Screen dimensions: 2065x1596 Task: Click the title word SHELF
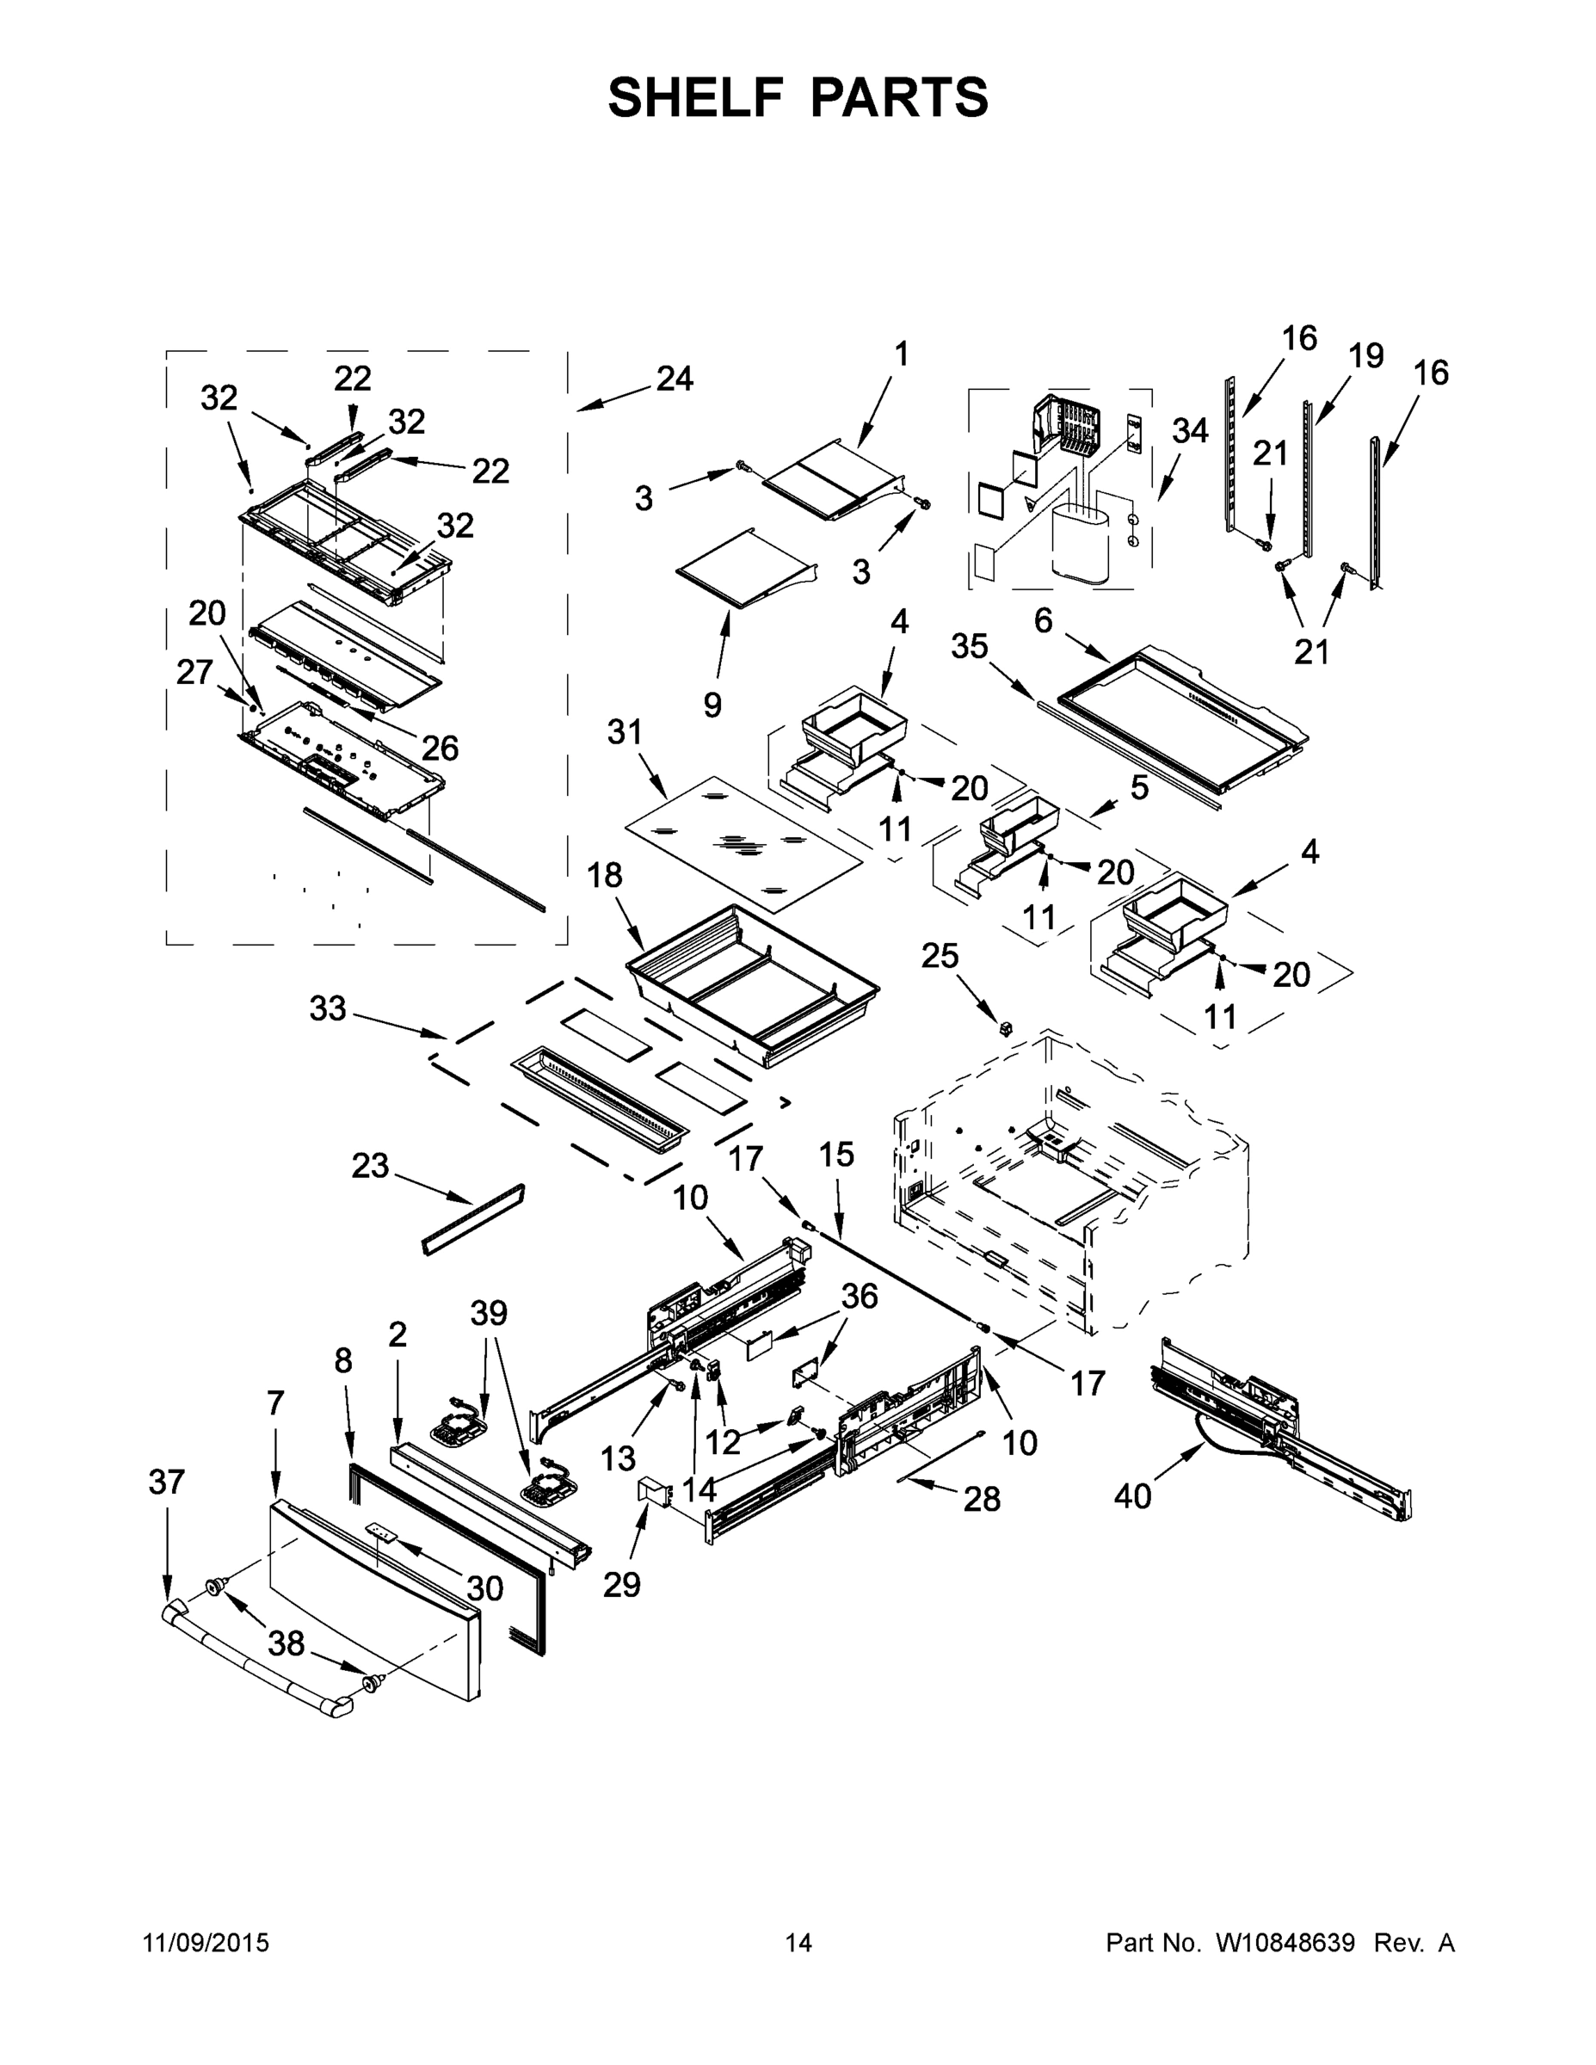[x=695, y=97]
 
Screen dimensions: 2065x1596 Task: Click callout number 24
[x=675, y=379]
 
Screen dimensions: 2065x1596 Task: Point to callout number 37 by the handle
[x=168, y=1482]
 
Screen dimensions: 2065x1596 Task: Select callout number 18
[x=605, y=876]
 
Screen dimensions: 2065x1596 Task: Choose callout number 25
[x=940, y=956]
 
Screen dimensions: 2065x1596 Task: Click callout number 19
[x=1365, y=355]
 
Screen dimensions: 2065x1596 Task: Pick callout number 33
[x=328, y=1009]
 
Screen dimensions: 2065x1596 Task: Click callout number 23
[x=370, y=1165]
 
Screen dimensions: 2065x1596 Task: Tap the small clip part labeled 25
[x=1006, y=1029]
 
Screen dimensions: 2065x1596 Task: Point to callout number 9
[x=712, y=705]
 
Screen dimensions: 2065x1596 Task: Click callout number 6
[x=1043, y=620]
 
